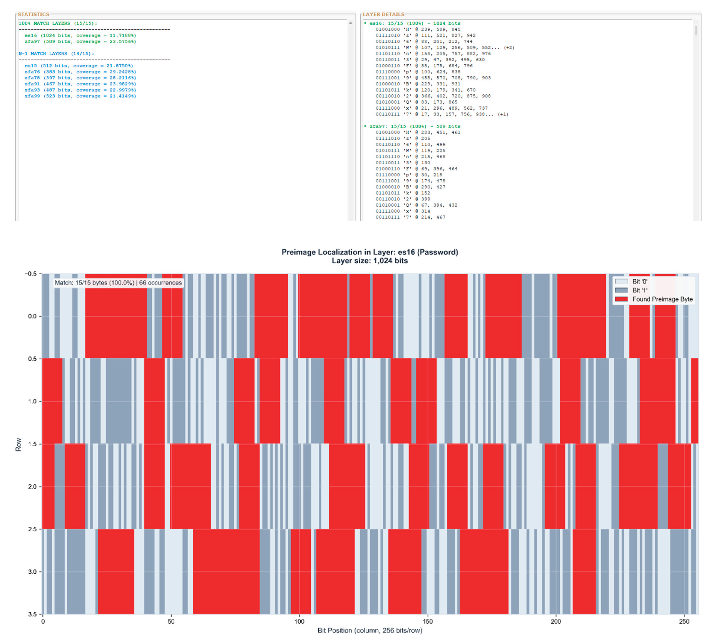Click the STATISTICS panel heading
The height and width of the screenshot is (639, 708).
pos(33,14)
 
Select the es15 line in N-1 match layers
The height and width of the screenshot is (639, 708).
pos(79,66)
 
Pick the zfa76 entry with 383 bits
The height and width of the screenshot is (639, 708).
pos(80,72)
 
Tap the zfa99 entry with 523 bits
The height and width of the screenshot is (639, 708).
pos(80,96)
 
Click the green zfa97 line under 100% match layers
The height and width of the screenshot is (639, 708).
pos(80,41)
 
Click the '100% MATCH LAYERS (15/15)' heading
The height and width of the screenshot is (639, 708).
pos(58,23)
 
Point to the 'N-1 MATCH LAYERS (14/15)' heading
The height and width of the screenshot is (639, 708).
pos(56,53)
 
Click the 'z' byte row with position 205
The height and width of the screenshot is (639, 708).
pos(402,138)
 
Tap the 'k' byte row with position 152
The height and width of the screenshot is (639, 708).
pos(402,193)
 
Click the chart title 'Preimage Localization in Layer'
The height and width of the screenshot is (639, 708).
pos(369,252)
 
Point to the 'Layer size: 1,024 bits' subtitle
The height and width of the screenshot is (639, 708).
pos(369,261)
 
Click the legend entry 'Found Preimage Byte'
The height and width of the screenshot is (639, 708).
pos(662,299)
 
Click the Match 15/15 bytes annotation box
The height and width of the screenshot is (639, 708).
pos(118,283)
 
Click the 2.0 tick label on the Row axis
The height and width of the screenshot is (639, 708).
pos(32,486)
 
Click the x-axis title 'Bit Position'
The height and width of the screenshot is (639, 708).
pos(369,630)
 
